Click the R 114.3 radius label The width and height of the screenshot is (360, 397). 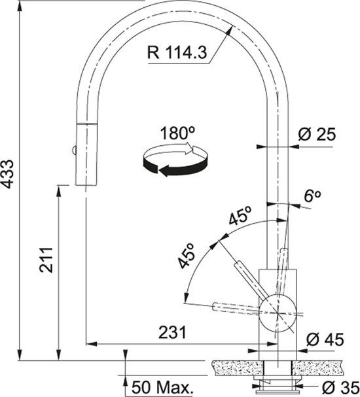coord(177,52)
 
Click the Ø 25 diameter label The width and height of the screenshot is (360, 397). coord(316,135)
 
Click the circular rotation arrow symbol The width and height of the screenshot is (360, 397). coord(175,160)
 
